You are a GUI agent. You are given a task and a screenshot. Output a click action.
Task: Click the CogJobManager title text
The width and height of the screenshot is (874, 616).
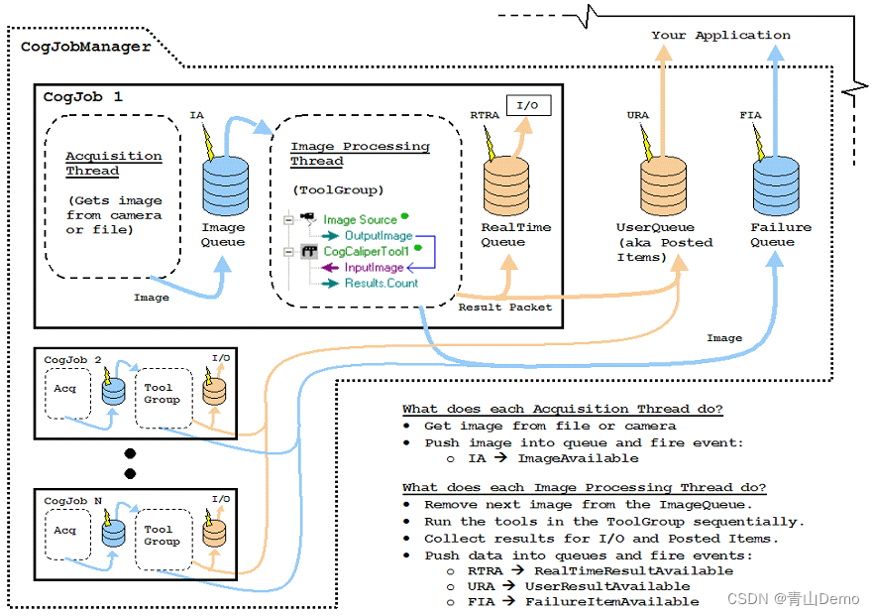coord(85,46)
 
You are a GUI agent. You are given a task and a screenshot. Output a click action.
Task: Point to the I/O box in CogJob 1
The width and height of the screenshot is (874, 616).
coord(527,104)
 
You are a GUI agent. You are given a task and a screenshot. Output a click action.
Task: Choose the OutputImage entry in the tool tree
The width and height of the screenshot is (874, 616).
coord(379,236)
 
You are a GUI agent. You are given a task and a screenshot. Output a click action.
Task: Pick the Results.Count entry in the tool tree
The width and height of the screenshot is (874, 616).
coord(382,284)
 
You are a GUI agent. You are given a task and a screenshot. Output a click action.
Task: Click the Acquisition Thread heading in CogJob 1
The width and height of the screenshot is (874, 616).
coord(113,164)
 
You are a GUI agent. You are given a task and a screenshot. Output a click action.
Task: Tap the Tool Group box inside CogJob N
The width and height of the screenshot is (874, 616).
coord(162,536)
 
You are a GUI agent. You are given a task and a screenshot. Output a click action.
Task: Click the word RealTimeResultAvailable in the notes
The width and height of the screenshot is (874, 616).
coord(633,570)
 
